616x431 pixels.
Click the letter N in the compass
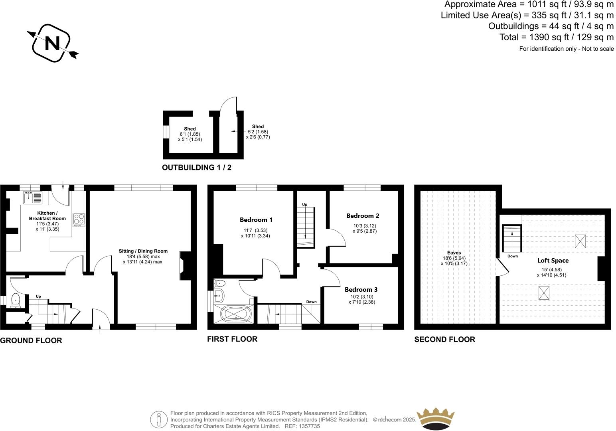[x=52, y=43]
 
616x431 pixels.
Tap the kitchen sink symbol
[x=33, y=198]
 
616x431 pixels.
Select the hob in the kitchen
[x=79, y=220]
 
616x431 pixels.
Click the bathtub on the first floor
[x=235, y=314]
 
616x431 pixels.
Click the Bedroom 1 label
[x=256, y=220]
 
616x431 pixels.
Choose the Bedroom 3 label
[x=361, y=290]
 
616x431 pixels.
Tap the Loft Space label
[x=553, y=261]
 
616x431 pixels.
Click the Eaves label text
[x=454, y=253]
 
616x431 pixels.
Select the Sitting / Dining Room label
[x=143, y=251]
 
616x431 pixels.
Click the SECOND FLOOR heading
[x=444, y=340]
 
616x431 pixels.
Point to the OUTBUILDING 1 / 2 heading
[x=196, y=168]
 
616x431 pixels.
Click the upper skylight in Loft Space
[x=580, y=241]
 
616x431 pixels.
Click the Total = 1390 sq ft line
[x=556, y=38]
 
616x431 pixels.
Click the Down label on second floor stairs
[x=513, y=256]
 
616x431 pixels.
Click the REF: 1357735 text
[x=302, y=426]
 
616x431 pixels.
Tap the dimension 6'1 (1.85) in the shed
[x=190, y=134]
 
